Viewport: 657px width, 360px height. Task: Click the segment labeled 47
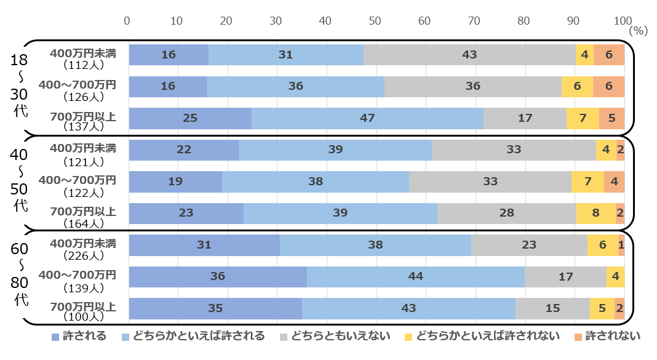coord(367,118)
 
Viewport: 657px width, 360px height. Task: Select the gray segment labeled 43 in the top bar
coord(469,55)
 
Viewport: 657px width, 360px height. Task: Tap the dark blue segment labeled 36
coord(218,277)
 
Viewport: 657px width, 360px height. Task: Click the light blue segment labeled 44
coord(416,277)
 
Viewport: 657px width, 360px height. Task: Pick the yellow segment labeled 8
coord(596,214)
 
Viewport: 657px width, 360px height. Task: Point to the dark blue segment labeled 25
coord(190,118)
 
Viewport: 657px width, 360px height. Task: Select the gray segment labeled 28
coord(507,214)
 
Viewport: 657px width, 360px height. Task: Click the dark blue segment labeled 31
coord(204,245)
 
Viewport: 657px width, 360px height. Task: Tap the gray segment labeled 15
coord(552,308)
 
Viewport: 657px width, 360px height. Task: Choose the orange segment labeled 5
coord(612,118)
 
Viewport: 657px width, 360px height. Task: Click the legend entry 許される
coord(79,336)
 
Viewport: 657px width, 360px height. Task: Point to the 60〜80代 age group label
coord(19,277)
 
